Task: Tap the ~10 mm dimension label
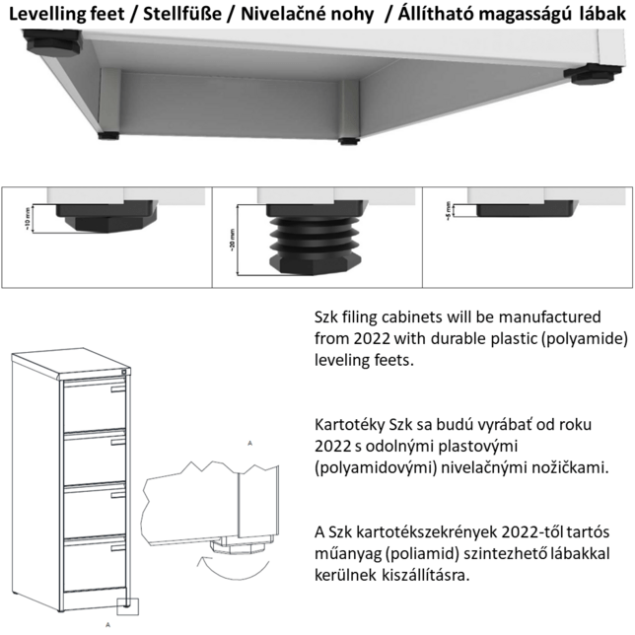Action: tap(29, 219)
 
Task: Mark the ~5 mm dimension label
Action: tap(449, 209)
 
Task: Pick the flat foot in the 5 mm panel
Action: tap(524, 207)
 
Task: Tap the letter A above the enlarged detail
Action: tap(250, 444)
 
